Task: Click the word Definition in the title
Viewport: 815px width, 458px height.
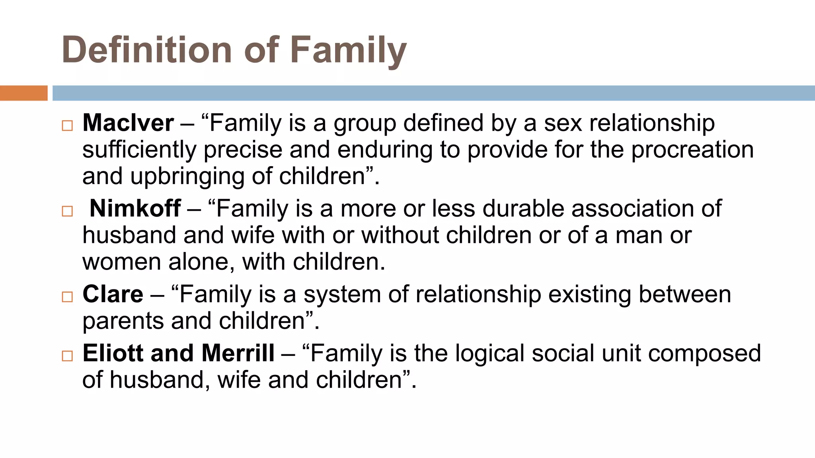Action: point(147,50)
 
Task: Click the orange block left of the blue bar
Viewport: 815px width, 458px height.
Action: point(23,93)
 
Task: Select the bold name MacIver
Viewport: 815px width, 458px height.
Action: point(128,123)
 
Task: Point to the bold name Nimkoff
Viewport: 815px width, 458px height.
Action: point(135,208)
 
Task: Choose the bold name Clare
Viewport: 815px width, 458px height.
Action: point(113,294)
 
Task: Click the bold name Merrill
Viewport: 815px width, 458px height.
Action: point(238,353)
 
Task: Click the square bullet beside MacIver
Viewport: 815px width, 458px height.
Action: point(68,126)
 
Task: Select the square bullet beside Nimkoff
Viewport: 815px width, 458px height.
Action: point(68,211)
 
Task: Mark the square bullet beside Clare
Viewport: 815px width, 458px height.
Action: point(68,297)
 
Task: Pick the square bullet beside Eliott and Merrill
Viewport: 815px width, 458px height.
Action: point(68,356)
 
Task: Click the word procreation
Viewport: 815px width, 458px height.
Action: point(692,150)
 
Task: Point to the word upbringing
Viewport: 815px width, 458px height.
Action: point(187,177)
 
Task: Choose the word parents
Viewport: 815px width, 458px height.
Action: point(123,321)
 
